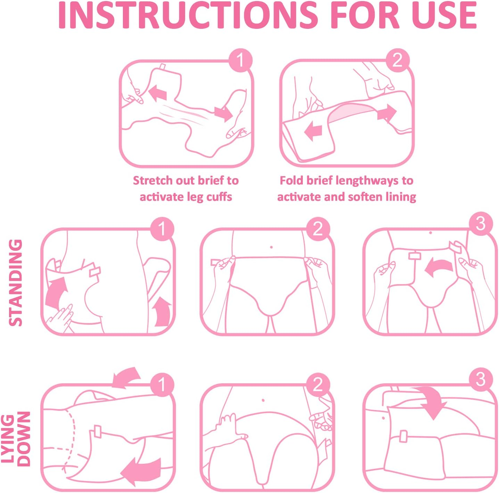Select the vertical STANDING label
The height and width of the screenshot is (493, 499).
tap(15, 283)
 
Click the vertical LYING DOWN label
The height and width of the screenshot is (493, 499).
tap(15, 439)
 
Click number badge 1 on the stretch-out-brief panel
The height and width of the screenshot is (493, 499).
tap(240, 60)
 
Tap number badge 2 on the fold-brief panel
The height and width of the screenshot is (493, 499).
tap(398, 60)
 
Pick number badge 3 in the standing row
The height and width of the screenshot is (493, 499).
tap(481, 224)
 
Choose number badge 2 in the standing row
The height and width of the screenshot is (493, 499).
tap(318, 229)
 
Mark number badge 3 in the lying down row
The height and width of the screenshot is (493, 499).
tap(481, 379)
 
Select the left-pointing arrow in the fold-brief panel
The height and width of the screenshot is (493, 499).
tap(313, 131)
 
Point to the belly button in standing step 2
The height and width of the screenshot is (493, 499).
tap(271, 247)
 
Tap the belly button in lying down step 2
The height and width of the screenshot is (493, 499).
tap(263, 400)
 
